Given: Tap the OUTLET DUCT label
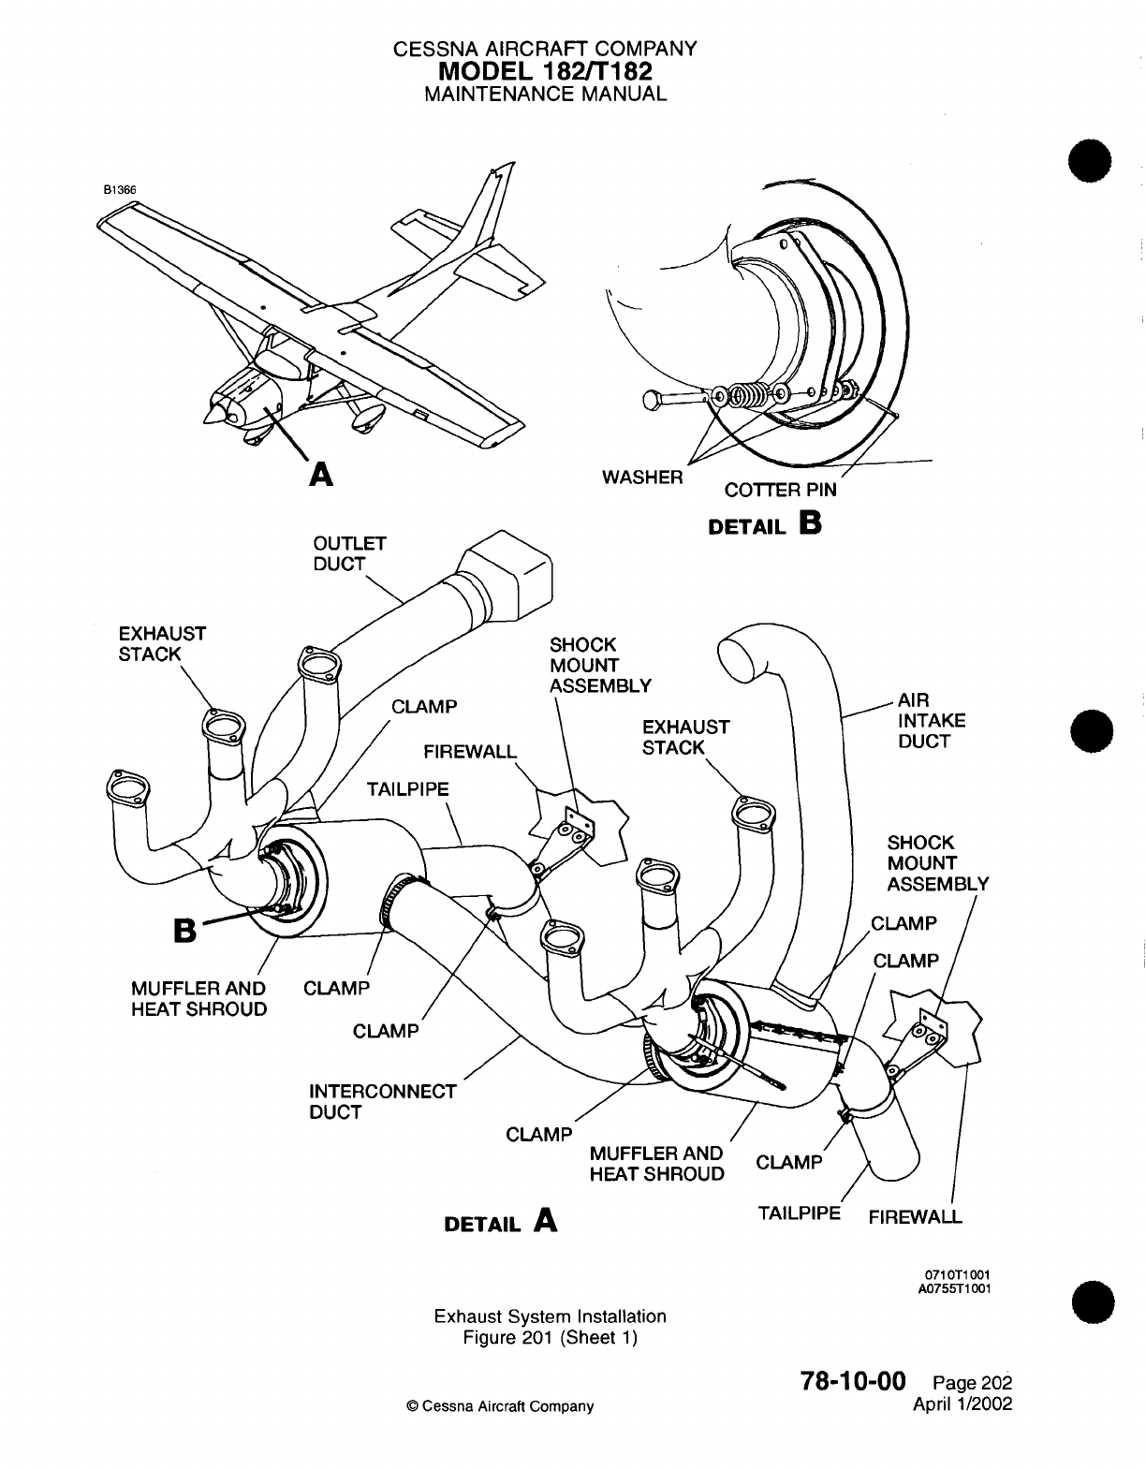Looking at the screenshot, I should pos(337,554).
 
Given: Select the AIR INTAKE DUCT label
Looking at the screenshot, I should pos(924,721).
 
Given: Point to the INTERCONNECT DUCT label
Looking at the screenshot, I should pos(382,1102).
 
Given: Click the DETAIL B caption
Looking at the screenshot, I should pos(765,524).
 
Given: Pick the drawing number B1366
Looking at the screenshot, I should pos(120,188).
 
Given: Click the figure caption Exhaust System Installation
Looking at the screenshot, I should pos(550,1316).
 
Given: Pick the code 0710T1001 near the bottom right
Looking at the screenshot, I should pos(958,1275).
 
